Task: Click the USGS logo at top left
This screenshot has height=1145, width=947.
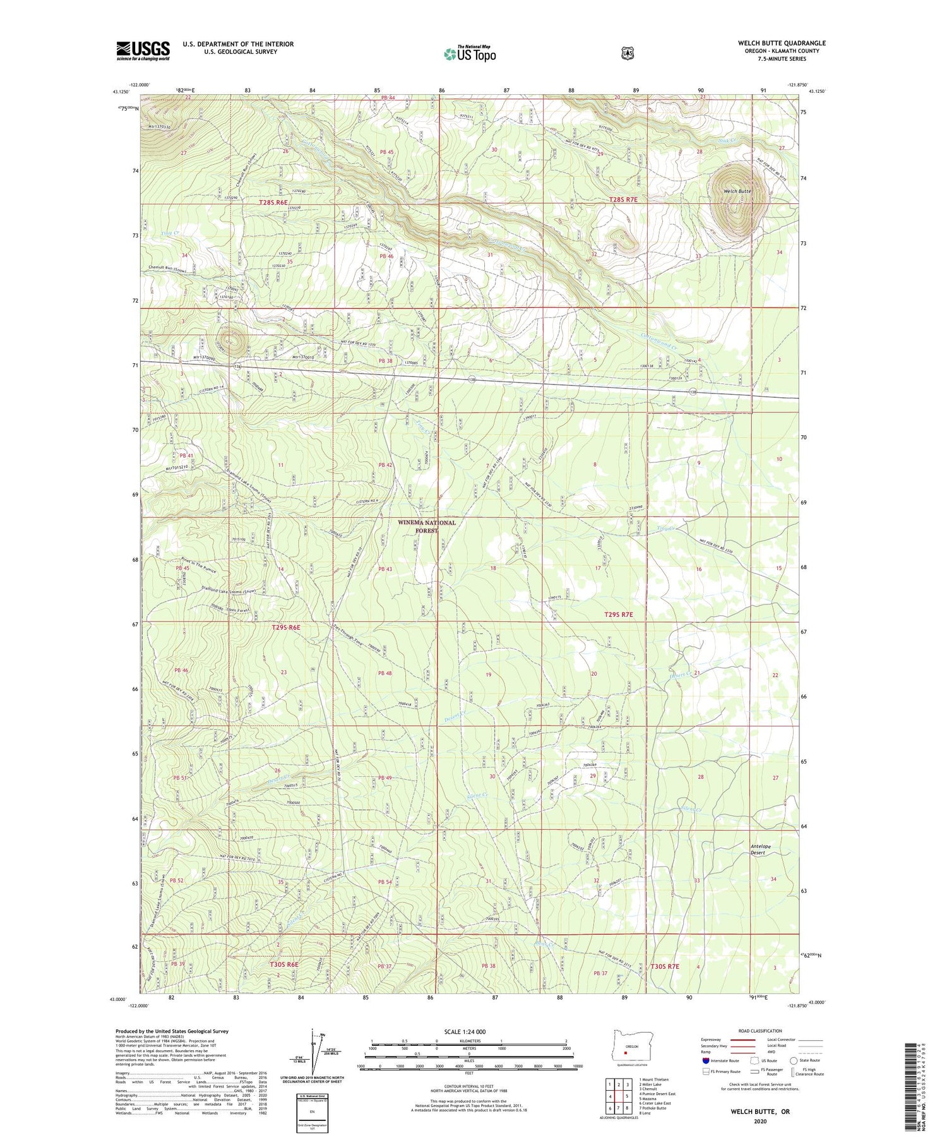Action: (x=143, y=51)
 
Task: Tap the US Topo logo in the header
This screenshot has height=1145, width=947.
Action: (x=470, y=54)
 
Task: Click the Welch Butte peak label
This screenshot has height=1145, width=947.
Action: (x=737, y=191)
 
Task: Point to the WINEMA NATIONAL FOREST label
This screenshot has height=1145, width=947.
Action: (x=427, y=527)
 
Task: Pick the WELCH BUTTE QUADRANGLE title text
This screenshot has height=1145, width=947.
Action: (x=782, y=43)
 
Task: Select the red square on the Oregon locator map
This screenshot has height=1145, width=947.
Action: (x=626, y=1053)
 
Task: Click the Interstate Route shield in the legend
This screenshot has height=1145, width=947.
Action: (x=705, y=1061)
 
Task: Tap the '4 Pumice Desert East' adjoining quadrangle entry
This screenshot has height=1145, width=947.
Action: (x=657, y=1094)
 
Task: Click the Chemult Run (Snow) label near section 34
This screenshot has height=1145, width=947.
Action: (x=171, y=267)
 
